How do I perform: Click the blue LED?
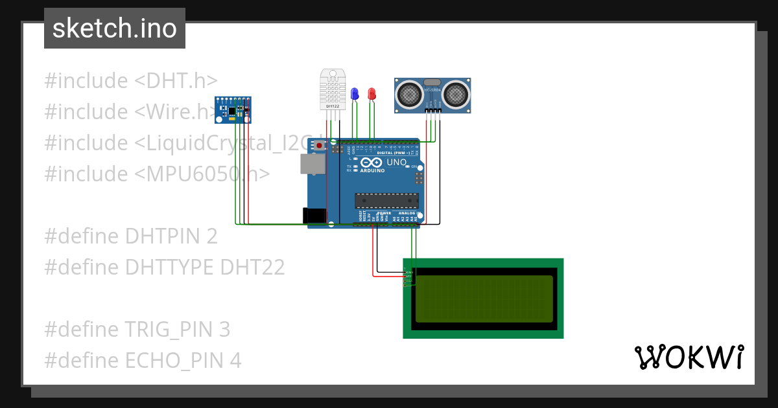pos(354,94)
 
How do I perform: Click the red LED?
pos(371,94)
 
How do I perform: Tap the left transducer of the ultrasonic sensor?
pos(410,94)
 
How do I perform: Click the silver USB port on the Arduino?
pos(312,164)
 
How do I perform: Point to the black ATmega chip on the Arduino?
pos(386,201)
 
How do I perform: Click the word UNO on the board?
pos(396,162)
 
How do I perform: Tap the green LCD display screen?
pos(484,299)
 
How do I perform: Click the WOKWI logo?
pos(689,357)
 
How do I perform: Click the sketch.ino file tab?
pos(115,28)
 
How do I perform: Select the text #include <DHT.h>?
pos(130,81)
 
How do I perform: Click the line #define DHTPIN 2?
pos(130,236)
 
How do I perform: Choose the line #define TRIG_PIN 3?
pos(137,330)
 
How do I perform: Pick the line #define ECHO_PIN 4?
pos(143,361)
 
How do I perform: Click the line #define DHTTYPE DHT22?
pos(164,267)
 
